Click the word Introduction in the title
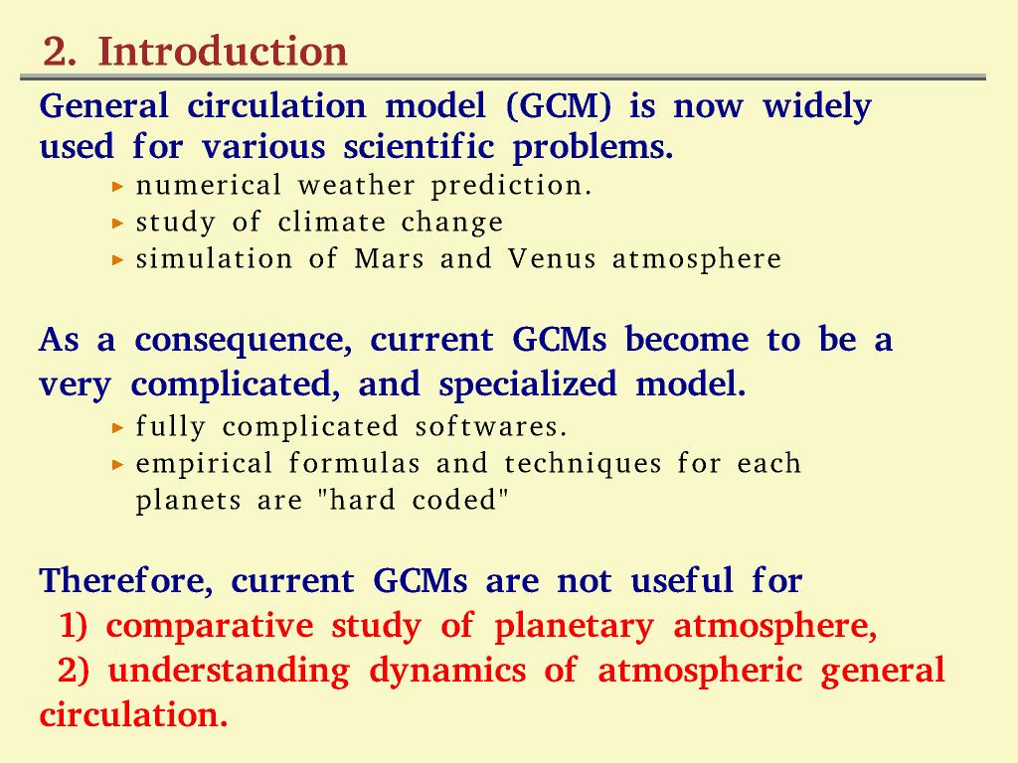tap(223, 51)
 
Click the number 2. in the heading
tap(59, 52)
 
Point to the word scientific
tap(419, 146)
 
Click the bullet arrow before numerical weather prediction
tap(117, 187)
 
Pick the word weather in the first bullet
tap(357, 186)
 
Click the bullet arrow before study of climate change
tap(117, 224)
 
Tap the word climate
tap(332, 223)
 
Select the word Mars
tap(390, 259)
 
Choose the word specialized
tap(528, 384)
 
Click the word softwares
tap(491, 427)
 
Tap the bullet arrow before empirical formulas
tap(117, 465)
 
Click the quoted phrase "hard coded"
tap(413, 501)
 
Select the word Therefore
tap(126, 580)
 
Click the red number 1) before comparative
tap(74, 626)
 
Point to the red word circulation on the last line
tap(134, 714)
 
